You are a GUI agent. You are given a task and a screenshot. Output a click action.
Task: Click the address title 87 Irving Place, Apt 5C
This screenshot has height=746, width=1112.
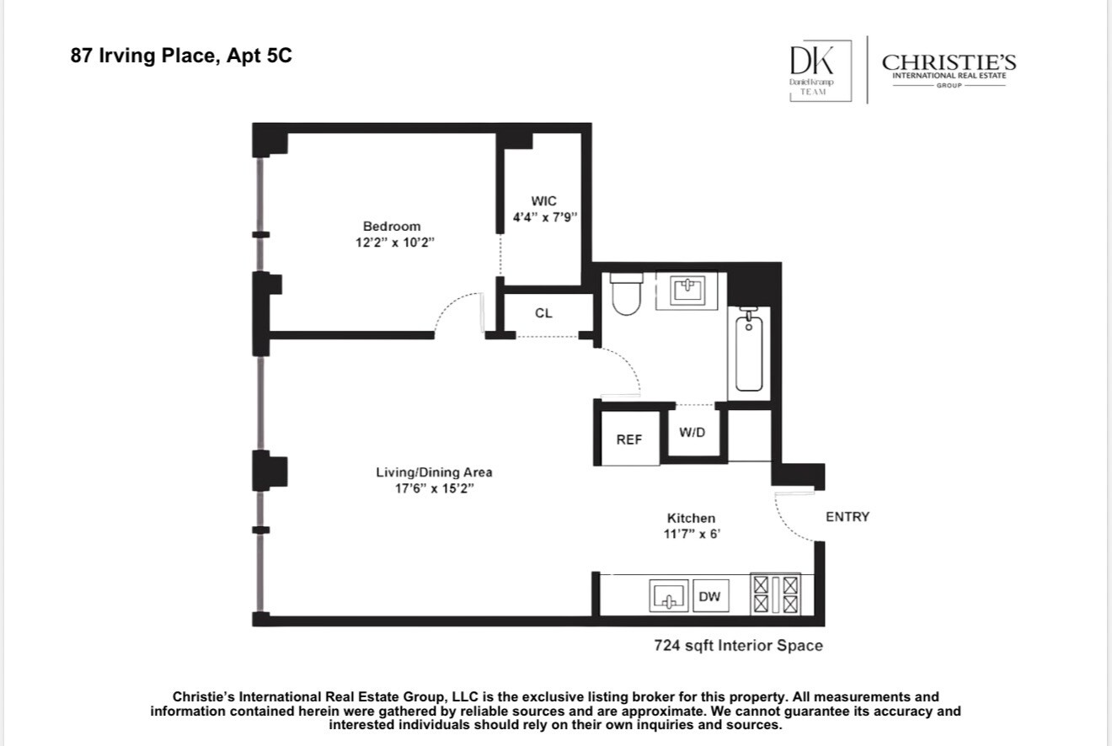(x=181, y=57)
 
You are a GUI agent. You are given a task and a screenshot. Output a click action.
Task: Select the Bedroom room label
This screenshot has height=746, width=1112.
(x=391, y=226)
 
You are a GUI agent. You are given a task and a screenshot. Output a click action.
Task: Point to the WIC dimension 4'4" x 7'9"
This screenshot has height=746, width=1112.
(x=544, y=216)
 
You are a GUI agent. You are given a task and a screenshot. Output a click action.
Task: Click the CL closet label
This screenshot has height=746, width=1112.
(x=543, y=313)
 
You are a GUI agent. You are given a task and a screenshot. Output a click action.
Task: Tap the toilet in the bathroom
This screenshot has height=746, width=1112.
(x=626, y=294)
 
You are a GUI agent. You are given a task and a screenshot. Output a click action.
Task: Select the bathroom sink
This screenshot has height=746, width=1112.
(x=692, y=290)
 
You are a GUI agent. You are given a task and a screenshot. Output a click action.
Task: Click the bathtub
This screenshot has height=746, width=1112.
(x=749, y=353)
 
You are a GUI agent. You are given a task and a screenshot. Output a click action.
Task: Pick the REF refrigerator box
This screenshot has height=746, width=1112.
(x=629, y=439)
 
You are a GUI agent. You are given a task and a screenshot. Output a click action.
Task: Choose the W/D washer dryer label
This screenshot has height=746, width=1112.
(x=692, y=432)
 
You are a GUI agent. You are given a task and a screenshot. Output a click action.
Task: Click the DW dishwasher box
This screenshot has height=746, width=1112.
(x=709, y=597)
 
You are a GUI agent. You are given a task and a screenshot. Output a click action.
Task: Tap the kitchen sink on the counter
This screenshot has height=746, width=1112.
(x=669, y=597)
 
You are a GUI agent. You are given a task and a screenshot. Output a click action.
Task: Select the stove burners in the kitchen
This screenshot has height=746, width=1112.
(x=776, y=594)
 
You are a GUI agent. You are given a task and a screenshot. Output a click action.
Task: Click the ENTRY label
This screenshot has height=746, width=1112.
(x=847, y=516)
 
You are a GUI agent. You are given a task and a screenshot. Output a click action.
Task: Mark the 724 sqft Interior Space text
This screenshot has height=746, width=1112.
(x=738, y=646)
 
